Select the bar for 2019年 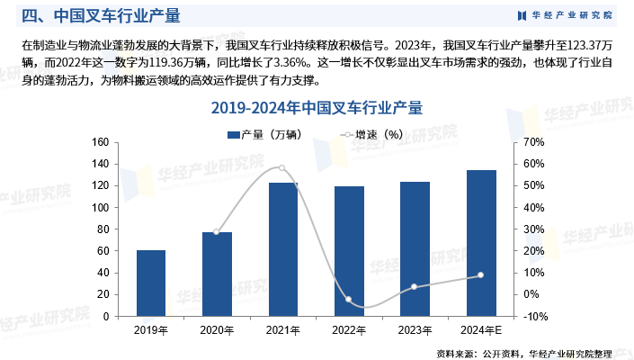pyautogui.click(x=151, y=283)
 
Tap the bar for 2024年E pyautogui.click(x=481, y=243)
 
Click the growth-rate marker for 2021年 pyautogui.click(x=282, y=167)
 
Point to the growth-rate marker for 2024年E pyautogui.click(x=480, y=275)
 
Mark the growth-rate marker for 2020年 pyautogui.click(x=217, y=232)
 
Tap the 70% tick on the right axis pyautogui.click(x=535, y=142)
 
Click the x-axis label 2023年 pyautogui.click(x=415, y=330)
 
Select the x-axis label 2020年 pyautogui.click(x=217, y=330)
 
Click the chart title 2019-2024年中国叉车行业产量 pyautogui.click(x=316, y=108)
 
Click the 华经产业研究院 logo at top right pyautogui.click(x=566, y=15)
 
